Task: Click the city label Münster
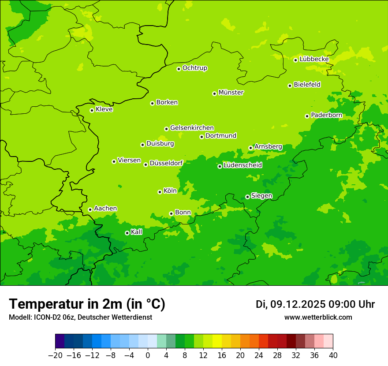click(x=231, y=93)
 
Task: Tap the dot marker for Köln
click(x=160, y=192)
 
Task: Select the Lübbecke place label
click(x=314, y=59)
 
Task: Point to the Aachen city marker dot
click(x=90, y=209)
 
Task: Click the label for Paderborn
click(x=326, y=115)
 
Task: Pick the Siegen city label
click(x=261, y=196)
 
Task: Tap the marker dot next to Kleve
click(x=92, y=110)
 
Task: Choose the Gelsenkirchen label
click(x=192, y=128)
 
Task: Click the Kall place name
click(x=137, y=232)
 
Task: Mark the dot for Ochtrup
click(x=179, y=69)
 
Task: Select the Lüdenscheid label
click(x=242, y=165)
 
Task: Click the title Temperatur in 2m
click(x=87, y=304)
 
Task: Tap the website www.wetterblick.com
click(x=318, y=317)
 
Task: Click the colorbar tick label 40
click(x=333, y=355)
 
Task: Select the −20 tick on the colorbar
click(x=55, y=355)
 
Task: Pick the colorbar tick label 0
click(x=148, y=355)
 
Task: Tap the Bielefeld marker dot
click(x=290, y=86)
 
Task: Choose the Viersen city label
click(x=129, y=161)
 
